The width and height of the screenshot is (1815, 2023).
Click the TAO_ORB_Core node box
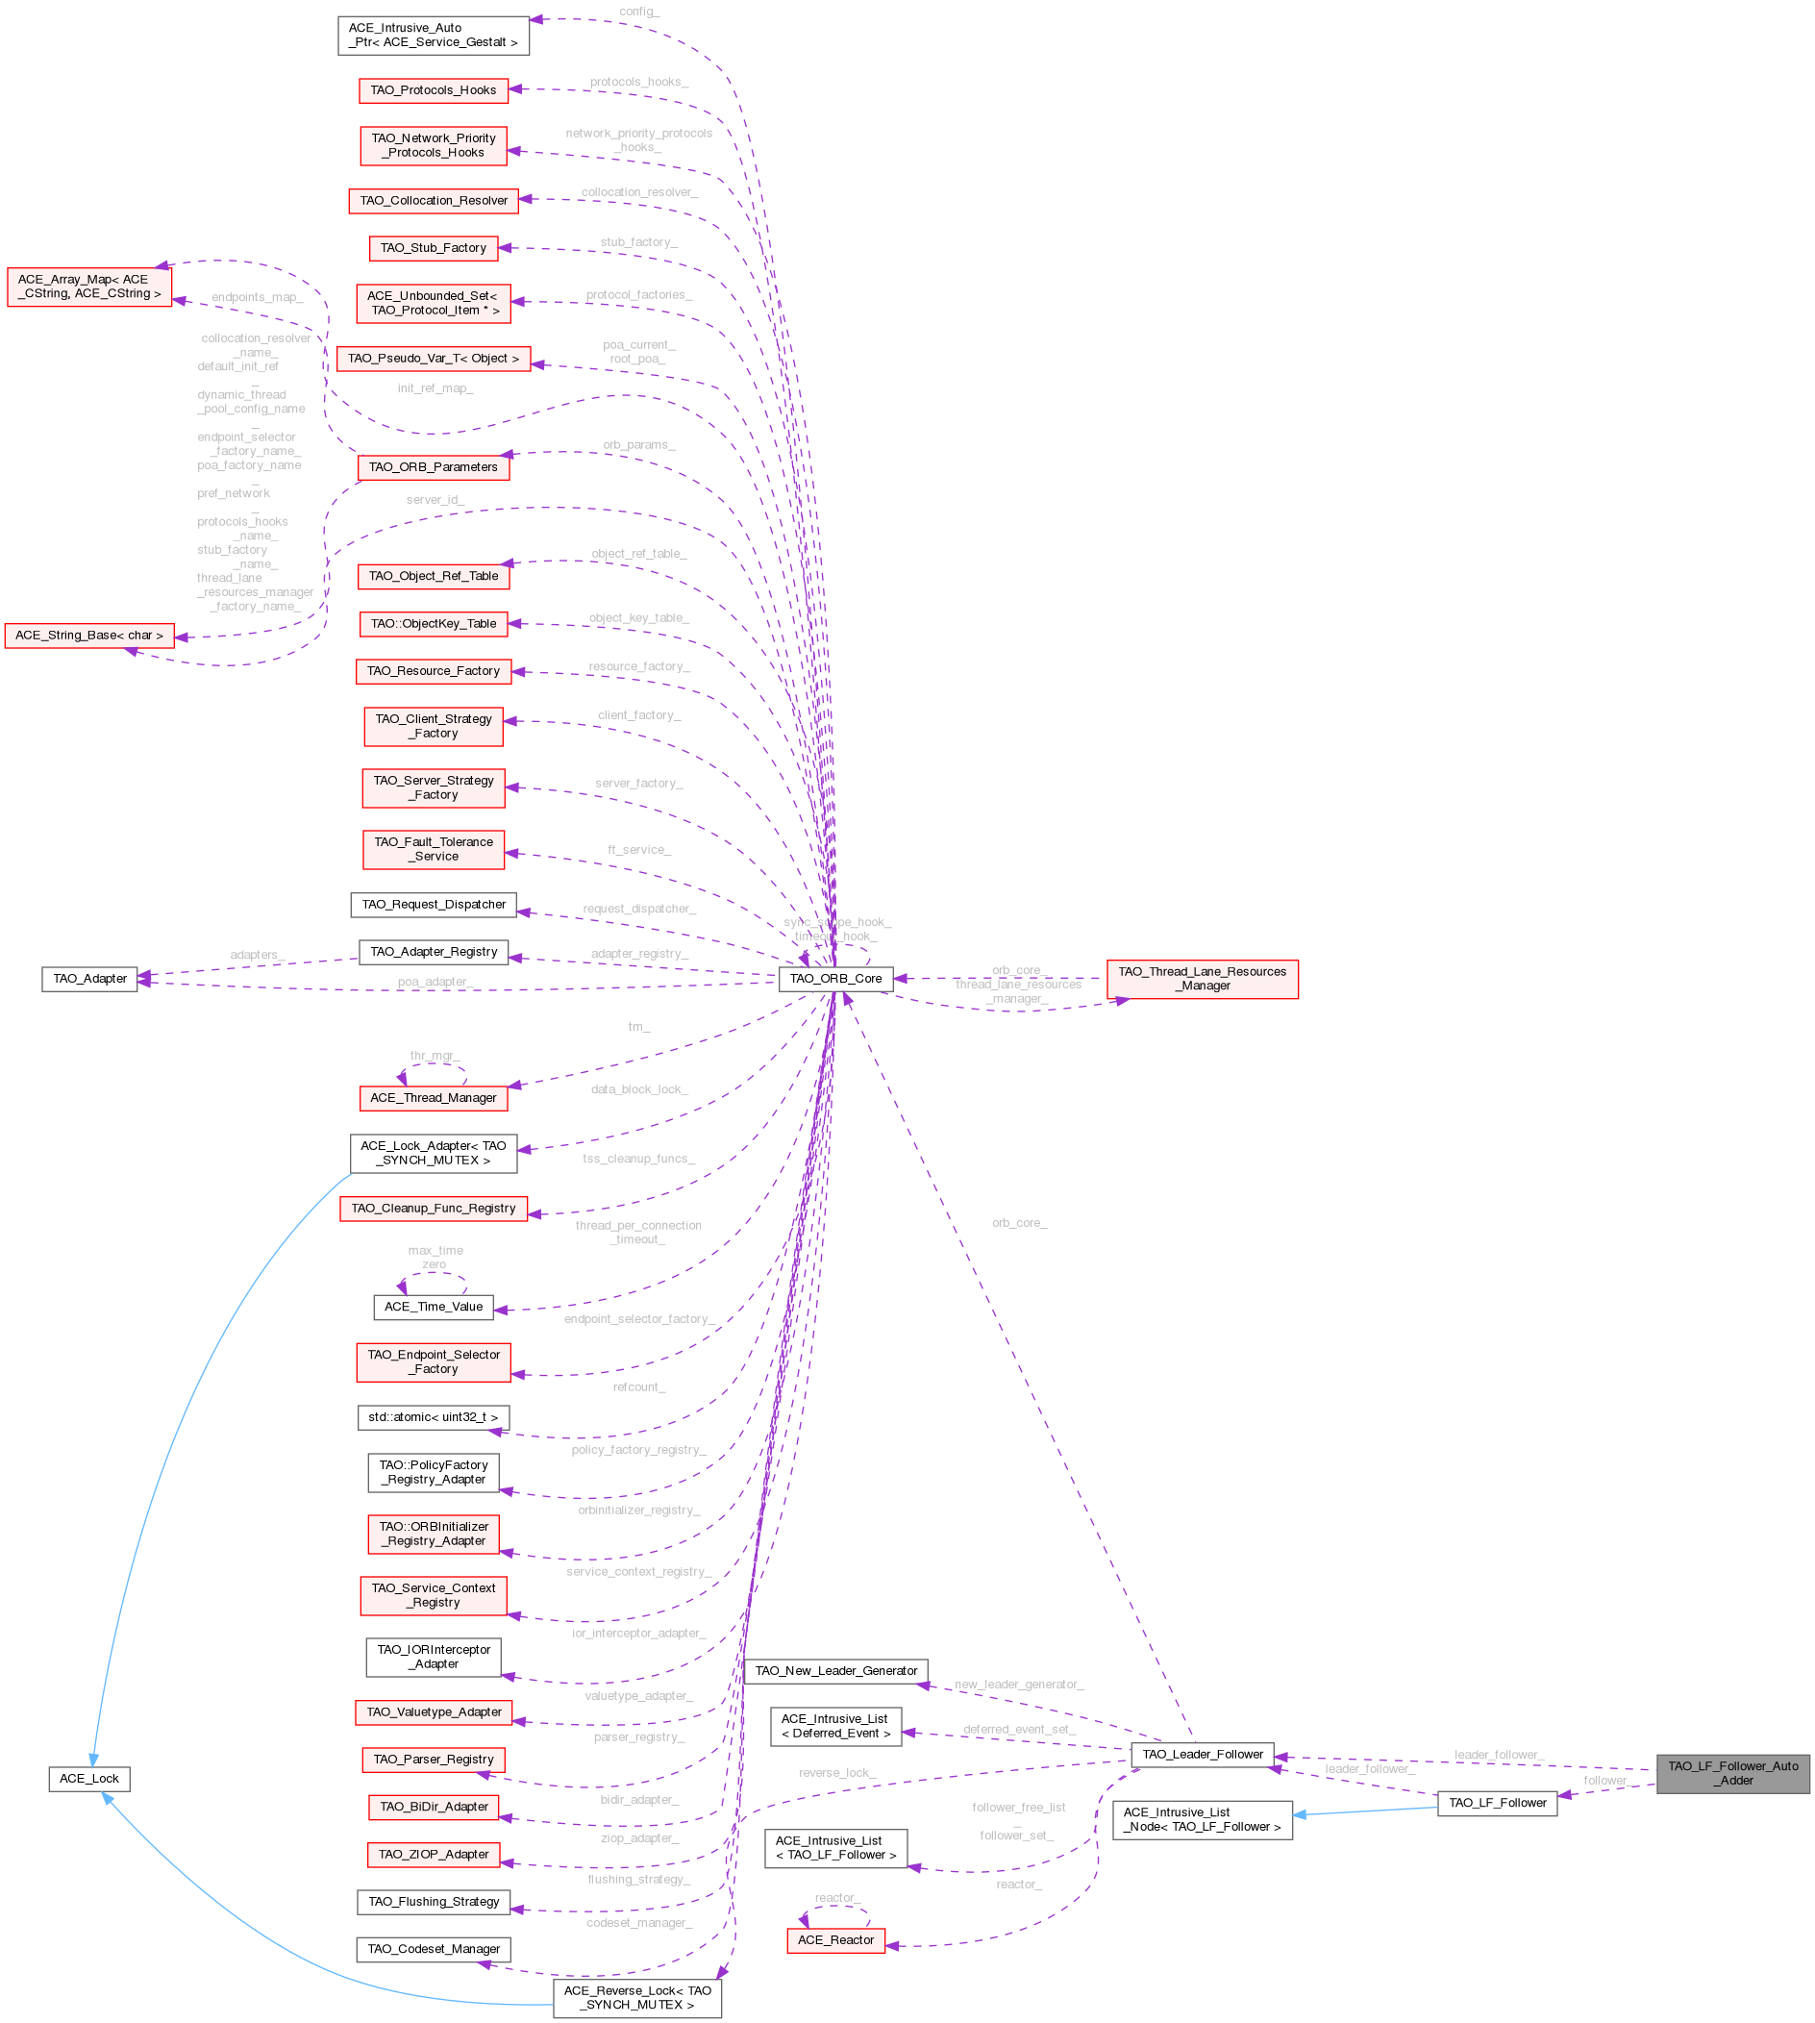[x=834, y=979]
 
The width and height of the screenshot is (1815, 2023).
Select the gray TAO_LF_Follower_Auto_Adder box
[x=1732, y=1773]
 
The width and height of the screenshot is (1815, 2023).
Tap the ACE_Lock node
[x=88, y=1779]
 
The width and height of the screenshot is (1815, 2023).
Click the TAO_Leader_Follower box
[x=1202, y=1754]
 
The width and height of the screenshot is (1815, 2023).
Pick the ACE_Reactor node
[x=835, y=1939]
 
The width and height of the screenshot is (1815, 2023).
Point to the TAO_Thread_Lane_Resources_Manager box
[x=1202, y=979]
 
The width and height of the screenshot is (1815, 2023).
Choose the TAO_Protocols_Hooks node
[x=433, y=89]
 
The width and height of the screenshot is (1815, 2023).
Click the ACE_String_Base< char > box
[x=88, y=636]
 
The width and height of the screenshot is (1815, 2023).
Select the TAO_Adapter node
[x=89, y=979]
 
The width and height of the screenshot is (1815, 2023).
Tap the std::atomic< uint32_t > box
[x=433, y=1417]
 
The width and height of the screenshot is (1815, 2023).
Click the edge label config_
[x=638, y=12]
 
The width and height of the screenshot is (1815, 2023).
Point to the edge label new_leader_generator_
[x=1018, y=1684]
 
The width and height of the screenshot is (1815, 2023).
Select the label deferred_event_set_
[x=1018, y=1729]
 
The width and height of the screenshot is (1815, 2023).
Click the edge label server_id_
[x=435, y=499]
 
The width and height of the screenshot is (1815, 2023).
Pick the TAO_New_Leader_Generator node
[x=835, y=1670]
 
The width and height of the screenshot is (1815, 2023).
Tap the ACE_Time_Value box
[x=433, y=1306]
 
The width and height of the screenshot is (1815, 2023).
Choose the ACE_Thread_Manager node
[x=433, y=1097]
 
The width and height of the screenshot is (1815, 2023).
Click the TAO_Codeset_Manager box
[x=433, y=1948]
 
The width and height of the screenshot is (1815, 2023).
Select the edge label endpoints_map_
[x=258, y=297]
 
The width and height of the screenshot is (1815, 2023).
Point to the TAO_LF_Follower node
[x=1496, y=1802]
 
